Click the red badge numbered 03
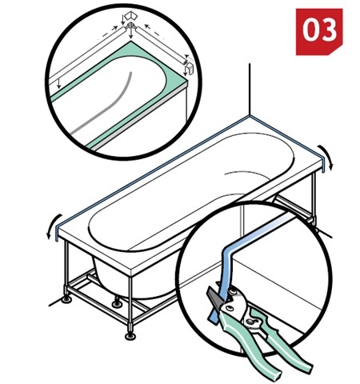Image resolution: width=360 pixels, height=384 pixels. tap(319, 32)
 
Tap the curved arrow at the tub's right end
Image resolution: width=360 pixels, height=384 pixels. tap(328, 156)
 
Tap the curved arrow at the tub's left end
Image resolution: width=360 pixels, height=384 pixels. tap(53, 226)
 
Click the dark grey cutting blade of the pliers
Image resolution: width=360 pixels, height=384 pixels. tap(214, 295)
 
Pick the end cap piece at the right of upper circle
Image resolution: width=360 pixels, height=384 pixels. tap(190, 70)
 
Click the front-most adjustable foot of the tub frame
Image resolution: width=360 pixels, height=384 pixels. tap(130, 335)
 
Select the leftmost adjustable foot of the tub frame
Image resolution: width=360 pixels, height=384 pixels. tap(66, 299)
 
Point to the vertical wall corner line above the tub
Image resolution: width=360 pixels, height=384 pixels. tap(250, 90)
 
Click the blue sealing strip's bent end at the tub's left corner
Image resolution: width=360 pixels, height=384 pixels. tap(57, 232)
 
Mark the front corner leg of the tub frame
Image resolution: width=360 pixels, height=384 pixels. tap(130, 302)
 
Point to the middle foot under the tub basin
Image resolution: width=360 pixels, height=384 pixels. tap(117, 303)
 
